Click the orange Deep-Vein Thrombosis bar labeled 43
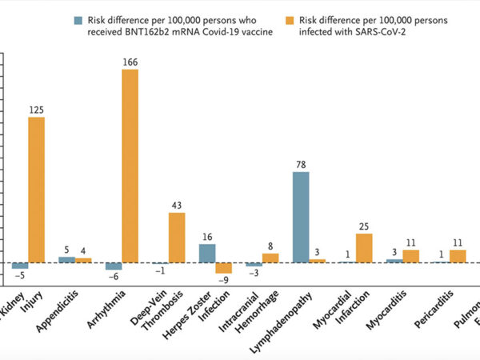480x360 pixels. (177, 238)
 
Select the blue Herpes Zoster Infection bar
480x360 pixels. (206, 253)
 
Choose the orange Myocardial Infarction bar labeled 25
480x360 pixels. (364, 248)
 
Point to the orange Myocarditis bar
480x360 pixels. (411, 256)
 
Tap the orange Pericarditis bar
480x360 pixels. (458, 256)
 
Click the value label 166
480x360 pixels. (130, 62)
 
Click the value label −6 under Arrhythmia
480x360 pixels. (114, 277)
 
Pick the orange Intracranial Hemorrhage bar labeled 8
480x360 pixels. (270, 258)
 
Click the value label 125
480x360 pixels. (37, 110)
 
